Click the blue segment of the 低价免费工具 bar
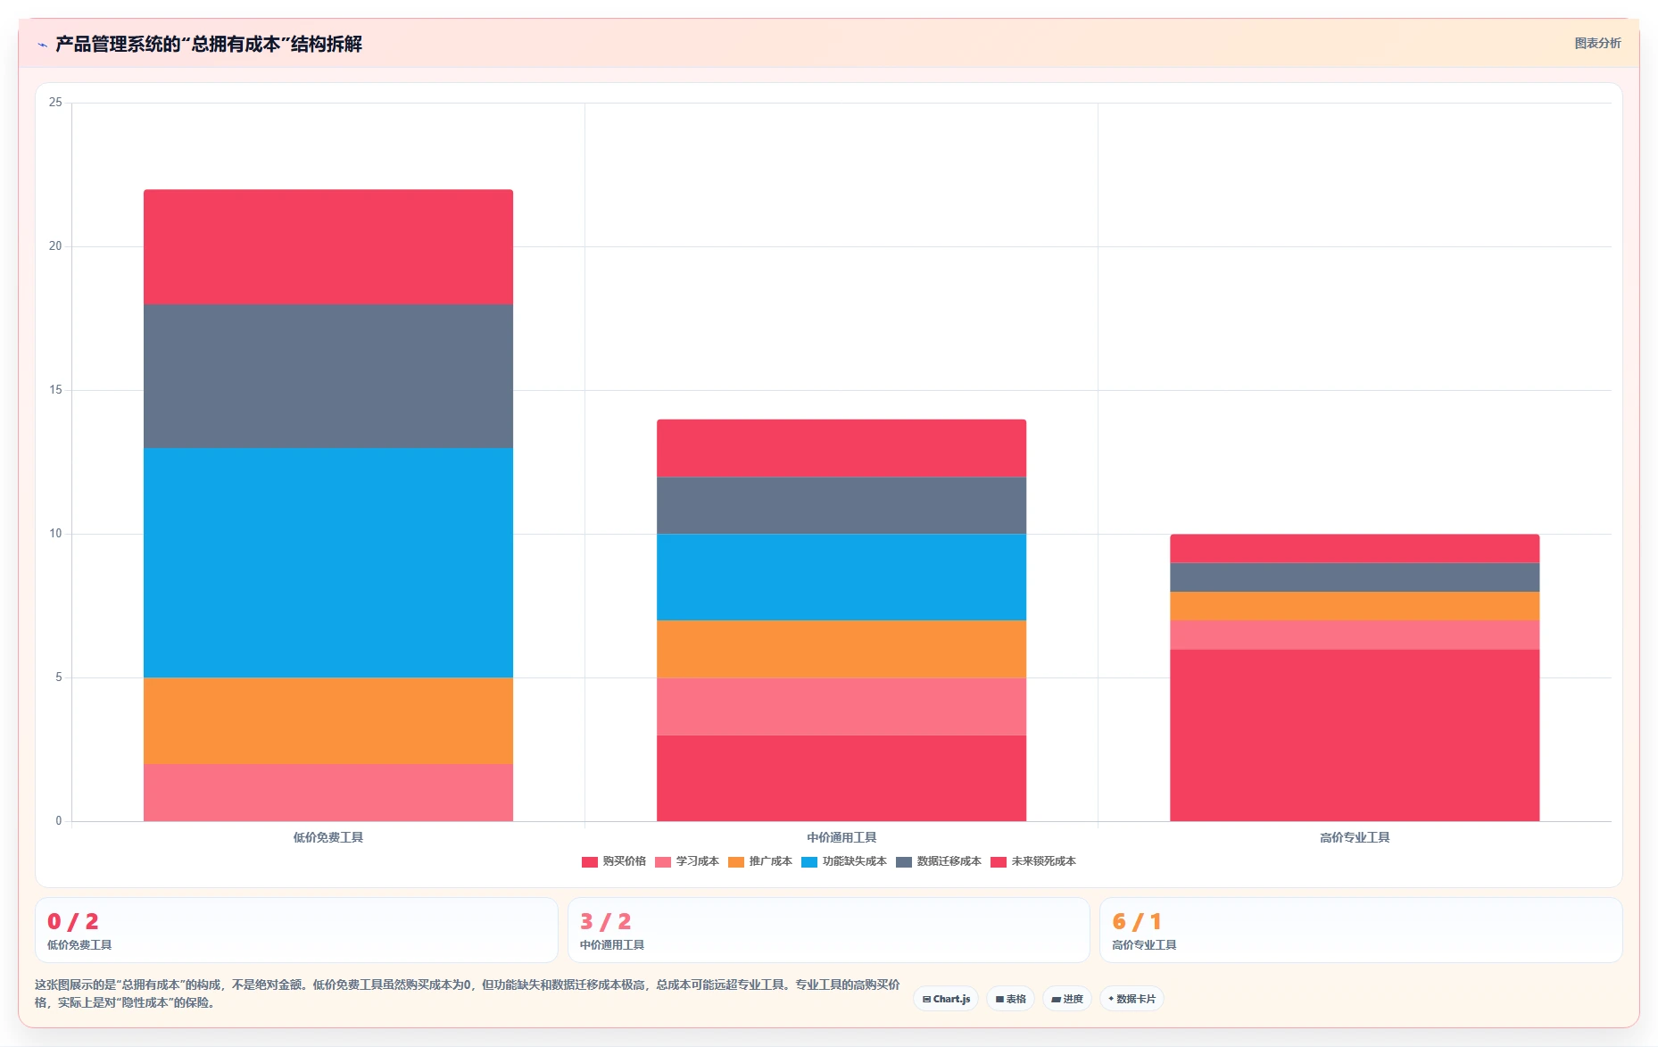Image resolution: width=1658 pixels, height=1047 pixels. (x=328, y=562)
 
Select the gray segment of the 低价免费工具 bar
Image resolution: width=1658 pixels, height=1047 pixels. (x=328, y=376)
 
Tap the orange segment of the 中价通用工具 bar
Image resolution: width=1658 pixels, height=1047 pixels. (x=841, y=649)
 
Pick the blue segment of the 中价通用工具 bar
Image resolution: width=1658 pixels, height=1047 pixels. (x=841, y=577)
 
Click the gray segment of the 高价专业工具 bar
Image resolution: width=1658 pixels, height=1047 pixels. (x=1355, y=577)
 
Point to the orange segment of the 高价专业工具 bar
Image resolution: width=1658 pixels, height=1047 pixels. (x=1355, y=606)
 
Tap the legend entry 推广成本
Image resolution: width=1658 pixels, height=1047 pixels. (x=760, y=861)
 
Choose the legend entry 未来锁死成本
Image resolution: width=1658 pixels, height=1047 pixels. (x=1033, y=861)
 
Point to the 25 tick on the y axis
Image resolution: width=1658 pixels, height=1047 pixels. (x=55, y=103)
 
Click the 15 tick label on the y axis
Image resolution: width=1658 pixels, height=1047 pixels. (x=55, y=390)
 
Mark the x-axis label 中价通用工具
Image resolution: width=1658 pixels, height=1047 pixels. (x=841, y=837)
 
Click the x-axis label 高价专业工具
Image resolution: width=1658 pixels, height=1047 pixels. (x=1355, y=837)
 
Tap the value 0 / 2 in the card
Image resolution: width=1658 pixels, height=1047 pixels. (x=73, y=921)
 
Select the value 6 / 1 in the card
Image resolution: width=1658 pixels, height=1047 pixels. (x=1137, y=921)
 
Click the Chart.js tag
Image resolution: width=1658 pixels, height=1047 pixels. (x=946, y=999)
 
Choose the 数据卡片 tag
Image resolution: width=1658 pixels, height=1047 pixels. (x=1132, y=999)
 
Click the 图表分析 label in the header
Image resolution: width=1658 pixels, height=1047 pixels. (x=1597, y=43)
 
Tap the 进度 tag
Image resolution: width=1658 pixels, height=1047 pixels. (x=1067, y=999)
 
